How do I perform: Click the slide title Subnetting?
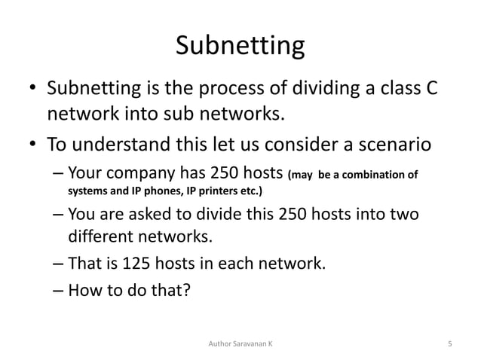pos(240,47)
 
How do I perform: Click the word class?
pos(394,90)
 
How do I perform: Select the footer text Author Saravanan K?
pos(240,343)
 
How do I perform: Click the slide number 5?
pos(449,343)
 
